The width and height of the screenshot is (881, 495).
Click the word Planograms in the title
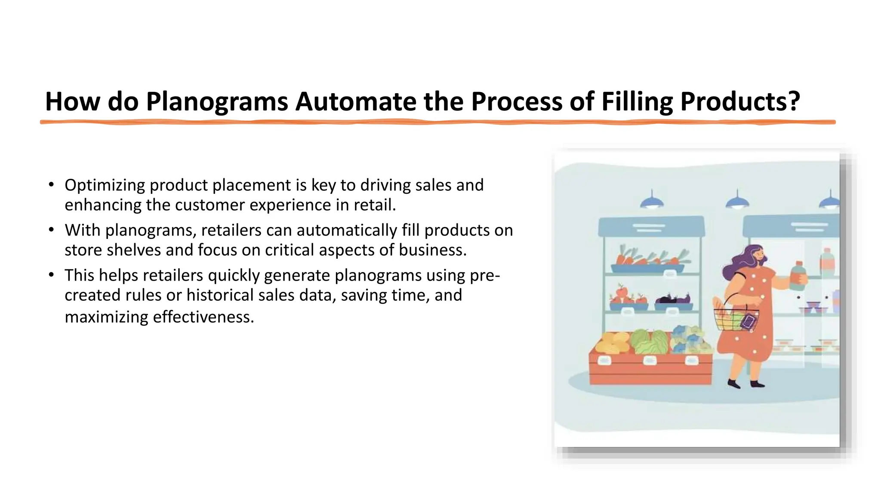click(217, 102)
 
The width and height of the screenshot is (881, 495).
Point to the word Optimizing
click(105, 186)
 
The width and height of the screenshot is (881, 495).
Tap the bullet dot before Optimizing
click(51, 185)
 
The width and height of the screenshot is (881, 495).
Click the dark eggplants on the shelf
click(672, 298)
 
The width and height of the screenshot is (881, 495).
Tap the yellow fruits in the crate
click(612, 343)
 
